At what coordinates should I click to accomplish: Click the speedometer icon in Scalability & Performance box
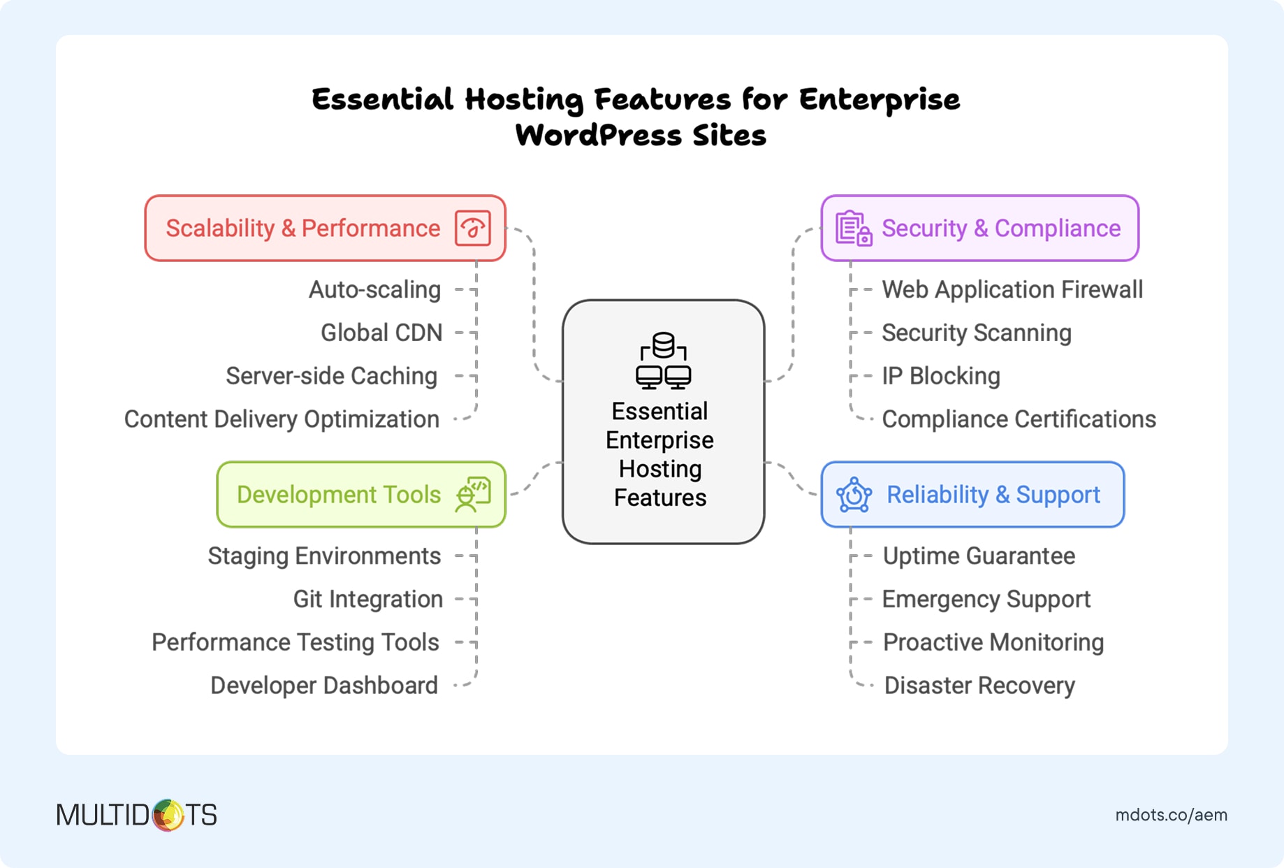pos(473,229)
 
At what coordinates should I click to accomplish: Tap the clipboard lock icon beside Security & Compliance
pos(854,229)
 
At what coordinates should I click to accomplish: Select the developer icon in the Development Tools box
pos(473,494)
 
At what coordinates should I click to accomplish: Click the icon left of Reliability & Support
pos(854,495)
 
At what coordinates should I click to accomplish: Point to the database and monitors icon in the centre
pos(663,361)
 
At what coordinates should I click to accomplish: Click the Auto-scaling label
pos(374,290)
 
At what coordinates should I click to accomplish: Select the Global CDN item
pos(381,333)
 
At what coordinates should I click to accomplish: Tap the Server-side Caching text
pos(331,376)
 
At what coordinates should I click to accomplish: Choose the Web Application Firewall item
pos(1012,290)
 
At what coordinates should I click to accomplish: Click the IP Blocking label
pos(940,376)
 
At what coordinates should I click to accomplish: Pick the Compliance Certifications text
pos(1019,419)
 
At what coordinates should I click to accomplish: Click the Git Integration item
pos(367,600)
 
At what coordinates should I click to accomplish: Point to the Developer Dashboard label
pos(324,686)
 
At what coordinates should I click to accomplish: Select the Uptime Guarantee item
pos(979,556)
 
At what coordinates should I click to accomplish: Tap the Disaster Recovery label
pos(979,686)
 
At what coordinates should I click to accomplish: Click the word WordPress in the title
pos(598,136)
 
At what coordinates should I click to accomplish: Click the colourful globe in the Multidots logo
pos(168,815)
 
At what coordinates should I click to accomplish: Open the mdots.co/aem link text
pos(1171,815)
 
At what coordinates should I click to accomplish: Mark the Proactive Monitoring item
pos(993,642)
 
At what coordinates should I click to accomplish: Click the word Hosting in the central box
pos(660,469)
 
